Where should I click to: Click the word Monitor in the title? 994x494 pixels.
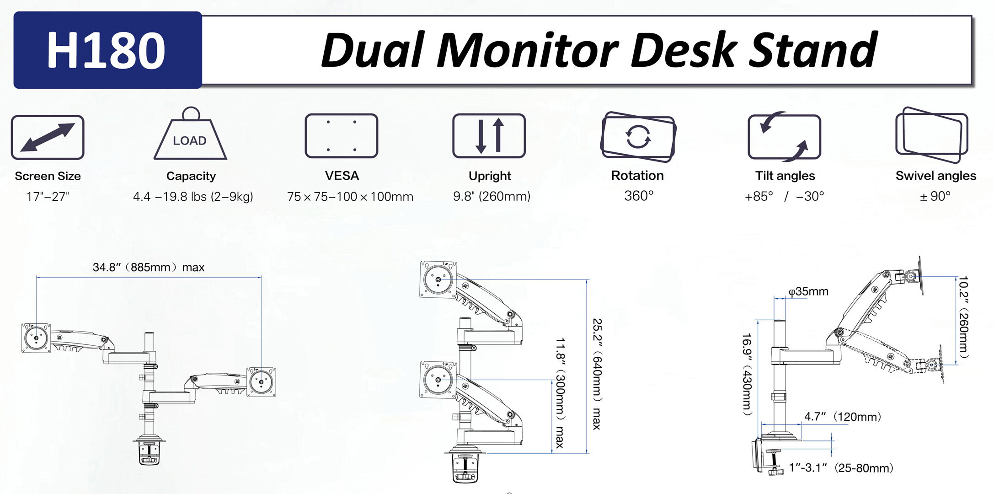[528, 50]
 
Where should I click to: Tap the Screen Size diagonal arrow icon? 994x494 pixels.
[48, 137]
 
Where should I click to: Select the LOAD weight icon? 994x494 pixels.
[190, 137]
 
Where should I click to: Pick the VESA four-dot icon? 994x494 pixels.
[342, 136]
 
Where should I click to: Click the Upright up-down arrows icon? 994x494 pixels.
[489, 136]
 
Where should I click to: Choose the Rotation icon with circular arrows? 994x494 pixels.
[638, 137]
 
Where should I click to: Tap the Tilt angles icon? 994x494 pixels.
[785, 137]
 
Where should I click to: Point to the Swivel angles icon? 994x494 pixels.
[932, 135]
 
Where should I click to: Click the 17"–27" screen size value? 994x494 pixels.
[48, 197]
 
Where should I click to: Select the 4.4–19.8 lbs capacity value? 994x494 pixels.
[193, 197]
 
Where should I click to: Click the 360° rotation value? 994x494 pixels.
[639, 196]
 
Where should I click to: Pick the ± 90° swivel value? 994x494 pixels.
[935, 196]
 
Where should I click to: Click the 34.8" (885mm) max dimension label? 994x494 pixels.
[149, 267]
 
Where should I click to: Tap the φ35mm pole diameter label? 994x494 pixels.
[808, 291]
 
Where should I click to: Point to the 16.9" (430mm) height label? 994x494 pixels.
[747, 374]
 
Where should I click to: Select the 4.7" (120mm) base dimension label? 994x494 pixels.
[842, 417]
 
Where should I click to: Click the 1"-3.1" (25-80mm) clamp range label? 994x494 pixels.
[841, 468]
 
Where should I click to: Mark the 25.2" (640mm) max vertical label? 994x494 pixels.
[597, 374]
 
